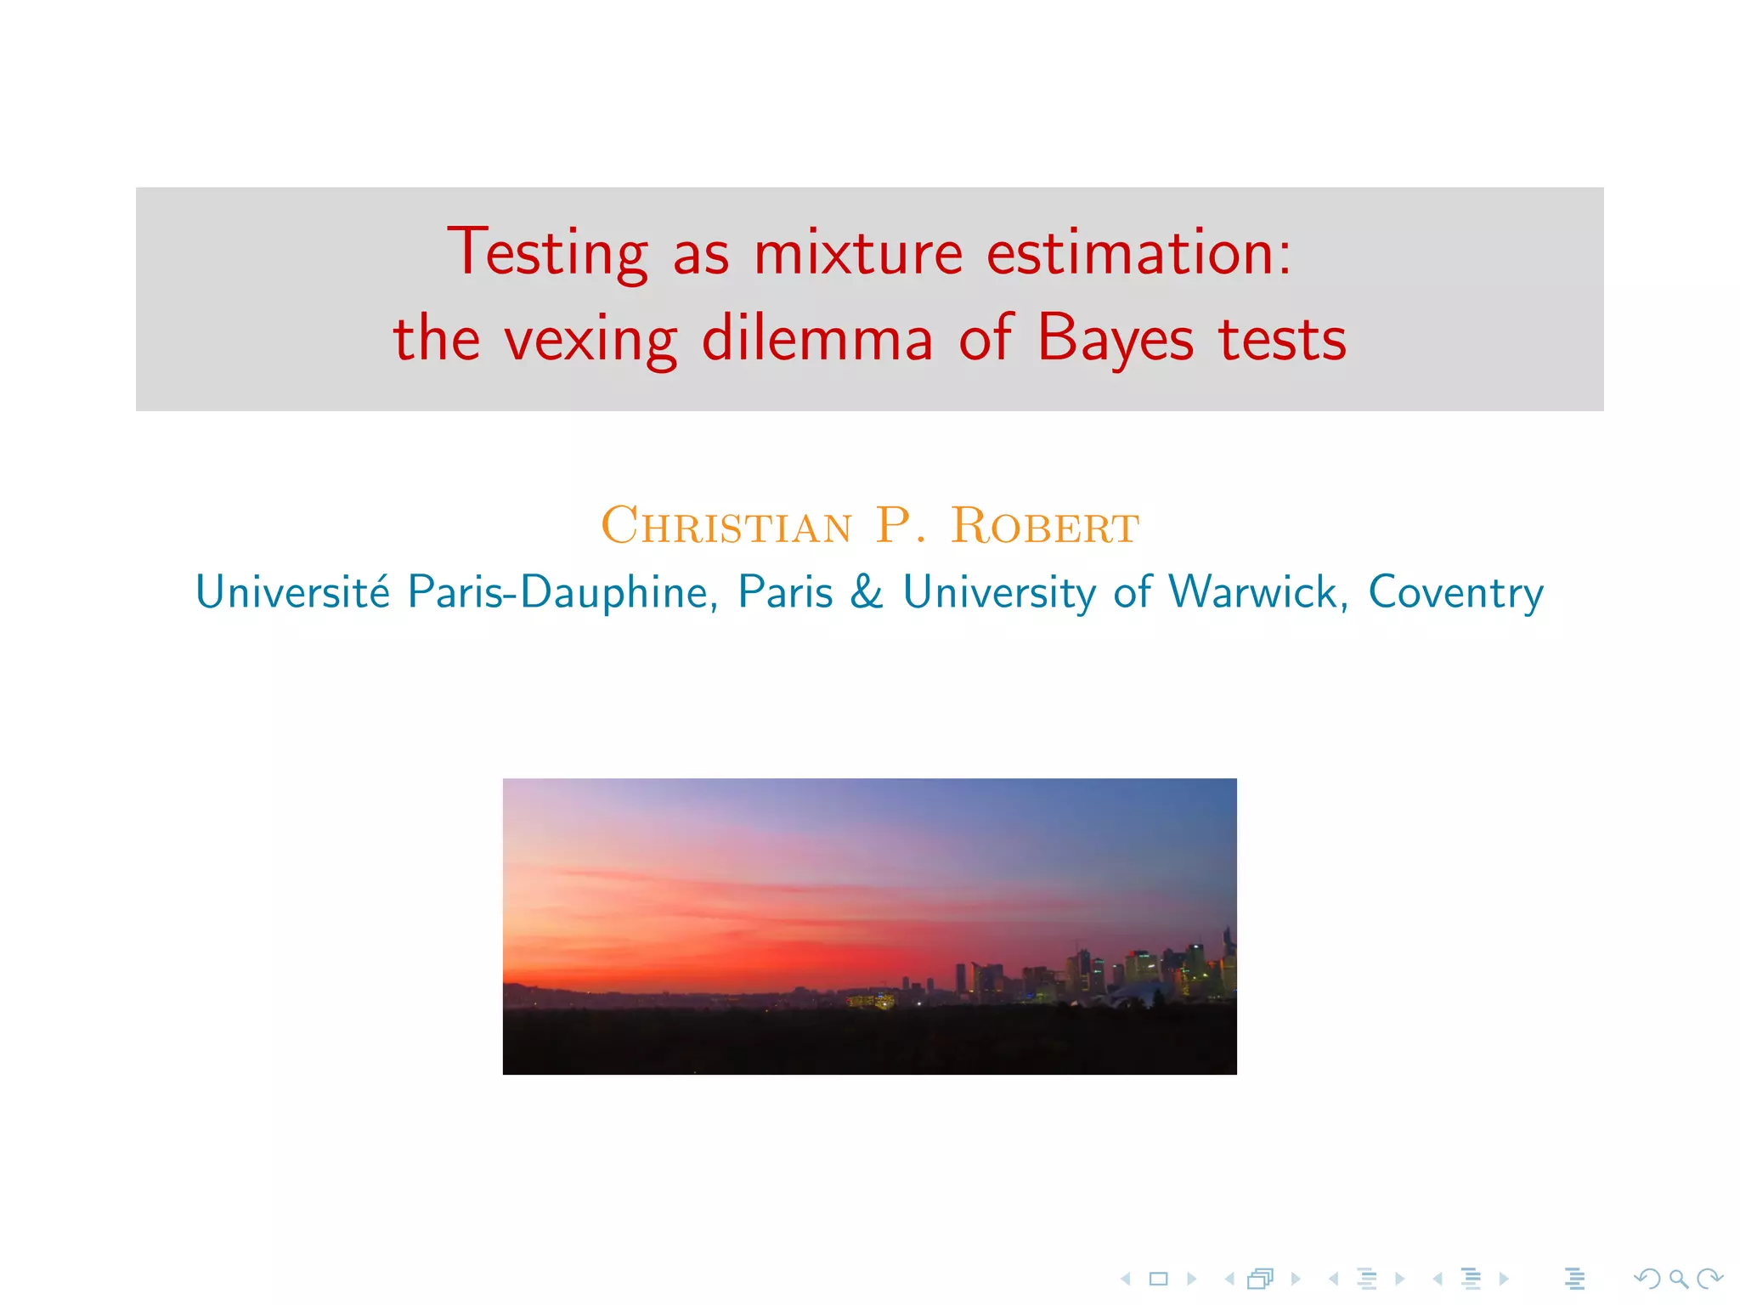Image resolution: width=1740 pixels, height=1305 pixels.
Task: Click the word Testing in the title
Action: pos(547,252)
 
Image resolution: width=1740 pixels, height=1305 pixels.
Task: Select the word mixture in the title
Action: pos(858,252)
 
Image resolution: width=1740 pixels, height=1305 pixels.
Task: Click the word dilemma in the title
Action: pos(817,338)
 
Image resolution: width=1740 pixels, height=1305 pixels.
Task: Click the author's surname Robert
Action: pos(1045,526)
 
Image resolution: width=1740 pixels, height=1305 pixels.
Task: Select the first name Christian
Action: pos(726,526)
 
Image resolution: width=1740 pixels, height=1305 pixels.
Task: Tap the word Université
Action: pos(293,591)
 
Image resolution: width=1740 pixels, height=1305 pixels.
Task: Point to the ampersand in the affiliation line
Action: pos(867,592)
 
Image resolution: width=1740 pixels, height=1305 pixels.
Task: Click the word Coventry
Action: pos(1455,592)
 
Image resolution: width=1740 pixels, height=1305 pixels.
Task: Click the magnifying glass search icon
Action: pos(1678,1279)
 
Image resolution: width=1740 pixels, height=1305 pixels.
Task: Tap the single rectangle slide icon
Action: pos(1158,1279)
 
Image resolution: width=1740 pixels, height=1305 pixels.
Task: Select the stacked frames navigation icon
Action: pos(1261,1279)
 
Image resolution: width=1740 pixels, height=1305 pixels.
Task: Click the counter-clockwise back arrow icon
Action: pos(1647,1279)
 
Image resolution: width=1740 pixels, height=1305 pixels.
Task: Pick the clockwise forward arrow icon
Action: pos(1709,1279)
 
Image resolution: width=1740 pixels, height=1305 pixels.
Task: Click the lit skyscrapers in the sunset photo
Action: pos(1138,969)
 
